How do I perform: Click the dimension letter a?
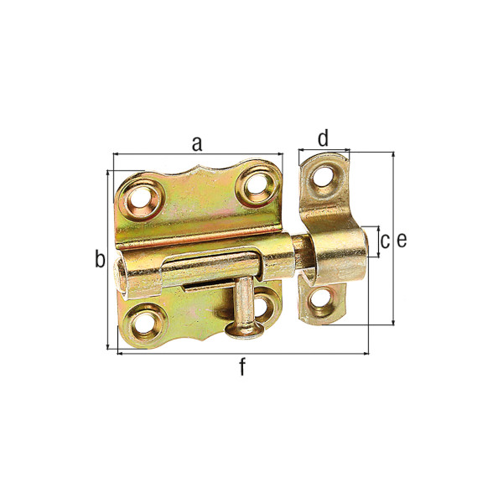pos(197,144)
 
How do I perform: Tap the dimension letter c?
pos(386,241)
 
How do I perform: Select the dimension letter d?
pos(324,138)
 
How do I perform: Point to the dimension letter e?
pos(402,241)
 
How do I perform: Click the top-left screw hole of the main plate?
pos(140,200)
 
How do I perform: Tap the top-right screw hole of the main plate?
pos(256,184)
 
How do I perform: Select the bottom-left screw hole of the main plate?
pos(144,324)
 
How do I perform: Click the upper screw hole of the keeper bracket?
pos(323,177)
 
